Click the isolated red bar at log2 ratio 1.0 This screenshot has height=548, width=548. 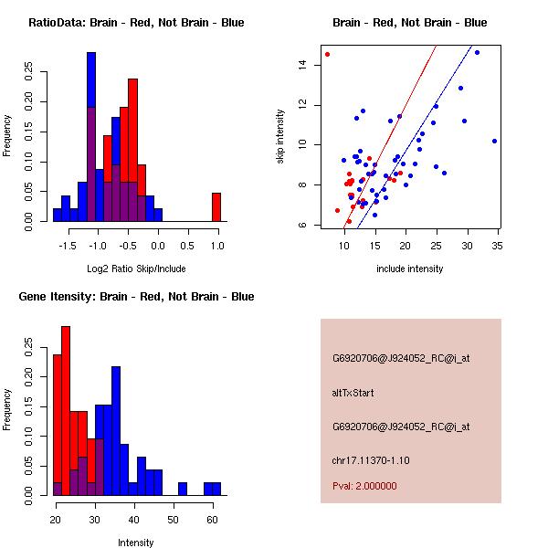pos(216,206)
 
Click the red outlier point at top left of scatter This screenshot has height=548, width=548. pos(327,54)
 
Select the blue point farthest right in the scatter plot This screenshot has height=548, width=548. pos(494,141)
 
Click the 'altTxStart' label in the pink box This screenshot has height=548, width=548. pos(353,393)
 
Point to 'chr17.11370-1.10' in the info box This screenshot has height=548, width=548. pos(371,459)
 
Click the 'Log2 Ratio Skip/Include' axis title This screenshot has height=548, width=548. pos(132,269)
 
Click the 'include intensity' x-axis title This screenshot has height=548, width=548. pos(410,269)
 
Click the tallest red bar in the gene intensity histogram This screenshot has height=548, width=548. pos(66,411)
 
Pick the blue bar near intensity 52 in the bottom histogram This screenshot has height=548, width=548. pos(183,489)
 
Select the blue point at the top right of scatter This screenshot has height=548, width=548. pos(477,53)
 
